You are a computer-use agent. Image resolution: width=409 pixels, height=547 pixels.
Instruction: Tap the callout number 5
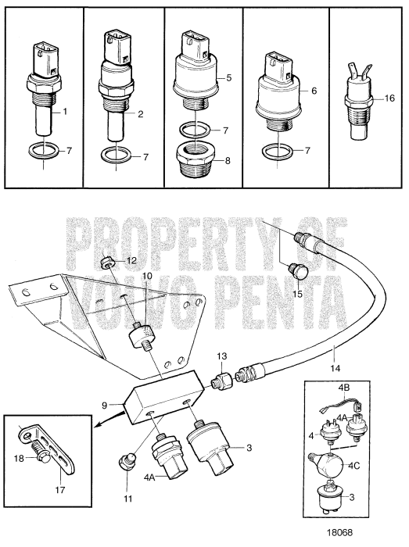tap(228, 77)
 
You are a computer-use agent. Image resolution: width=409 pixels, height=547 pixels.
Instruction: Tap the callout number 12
tap(131, 259)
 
